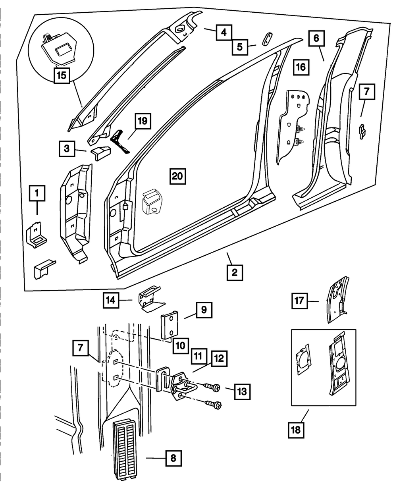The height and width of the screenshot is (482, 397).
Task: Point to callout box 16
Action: click(301, 67)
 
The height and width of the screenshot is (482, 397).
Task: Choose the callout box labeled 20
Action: click(177, 176)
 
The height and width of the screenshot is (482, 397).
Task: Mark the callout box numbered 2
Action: click(235, 272)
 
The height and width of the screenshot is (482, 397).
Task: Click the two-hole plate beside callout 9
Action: click(169, 326)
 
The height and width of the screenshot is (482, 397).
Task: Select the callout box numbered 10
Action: click(181, 345)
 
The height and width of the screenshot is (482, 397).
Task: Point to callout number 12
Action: click(219, 359)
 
